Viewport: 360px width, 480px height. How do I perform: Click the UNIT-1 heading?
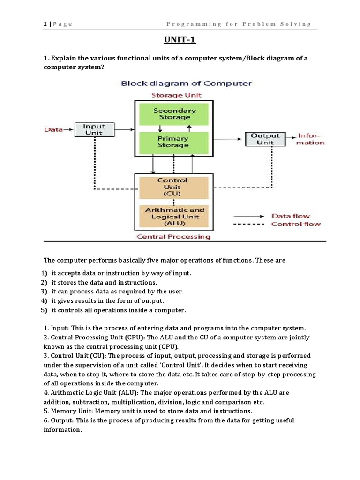180,40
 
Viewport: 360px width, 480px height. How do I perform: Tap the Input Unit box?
94,129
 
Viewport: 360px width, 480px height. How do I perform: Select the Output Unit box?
265,139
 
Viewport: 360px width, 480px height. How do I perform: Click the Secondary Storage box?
174,113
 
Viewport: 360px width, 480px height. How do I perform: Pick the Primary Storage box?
173,142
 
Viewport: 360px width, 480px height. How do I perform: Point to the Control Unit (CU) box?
172,187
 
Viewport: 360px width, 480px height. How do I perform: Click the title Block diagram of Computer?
186,83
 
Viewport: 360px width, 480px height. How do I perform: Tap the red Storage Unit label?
176,95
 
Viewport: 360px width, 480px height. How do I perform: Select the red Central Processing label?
173,237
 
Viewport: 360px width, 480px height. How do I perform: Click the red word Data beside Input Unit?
53,129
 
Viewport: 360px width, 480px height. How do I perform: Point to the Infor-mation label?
311,139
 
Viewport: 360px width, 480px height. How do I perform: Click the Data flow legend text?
291,216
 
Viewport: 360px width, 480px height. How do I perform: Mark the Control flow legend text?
296,224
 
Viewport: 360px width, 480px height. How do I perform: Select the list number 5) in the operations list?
44,310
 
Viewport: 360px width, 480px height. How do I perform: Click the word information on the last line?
62,429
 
